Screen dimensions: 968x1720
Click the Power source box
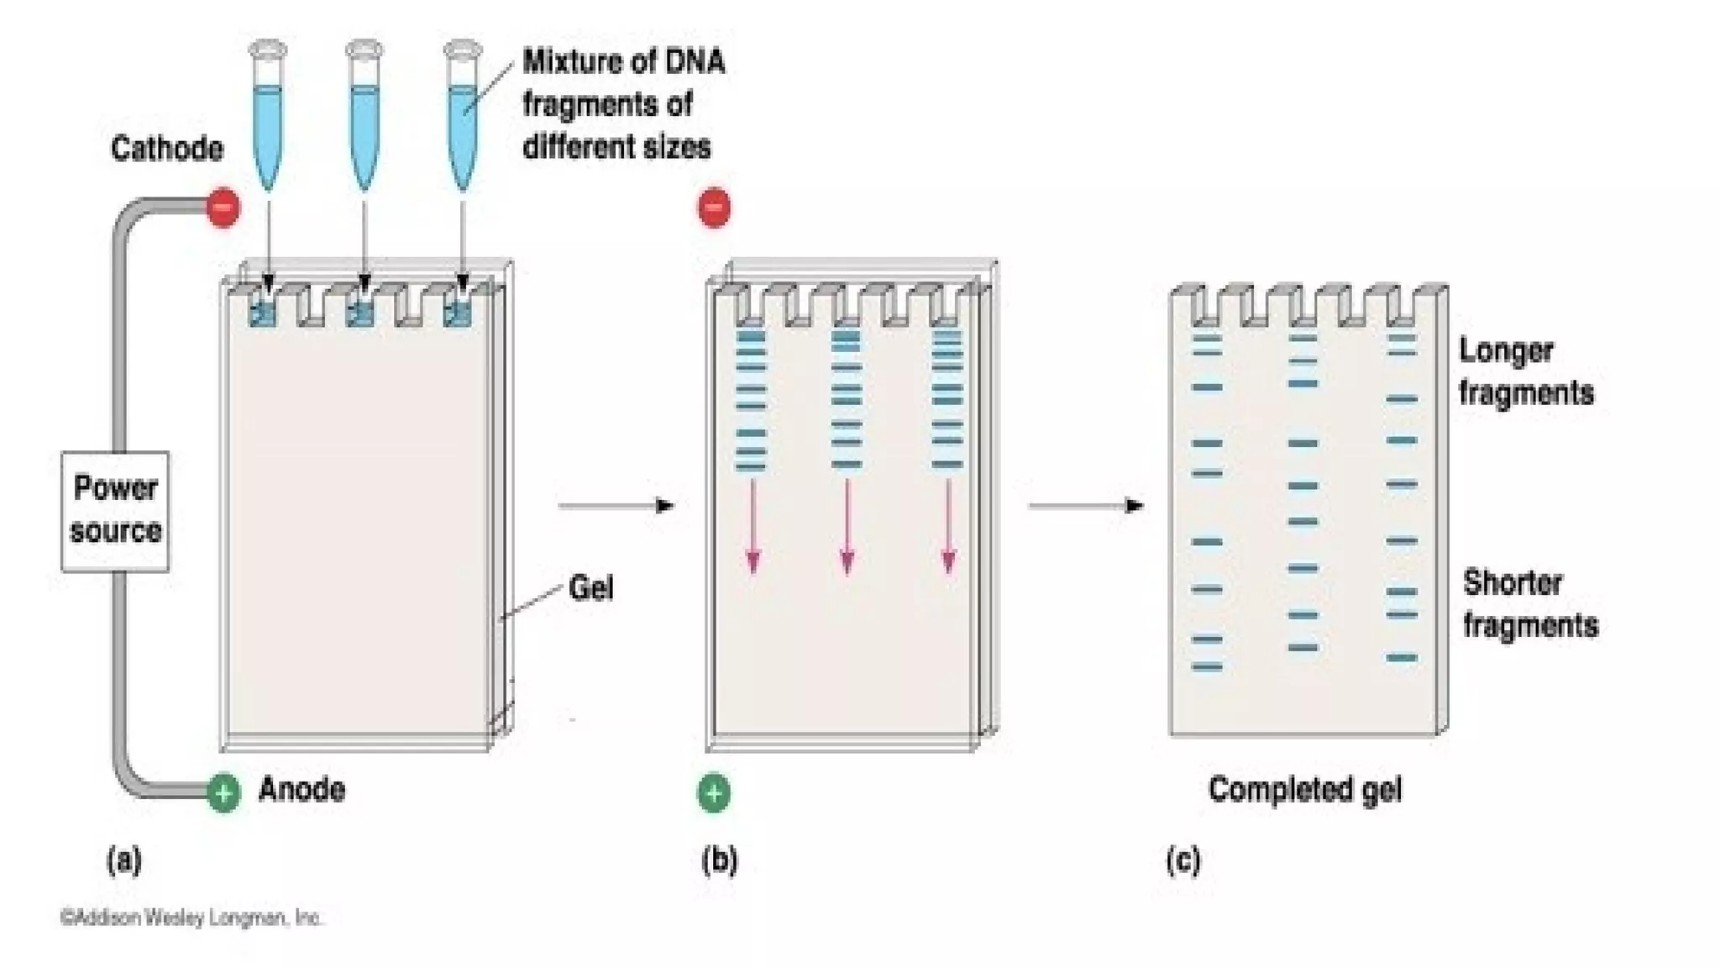[115, 510]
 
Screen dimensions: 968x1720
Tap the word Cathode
[167, 149]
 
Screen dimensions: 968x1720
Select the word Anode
[302, 789]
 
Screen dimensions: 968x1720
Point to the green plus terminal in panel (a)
[223, 792]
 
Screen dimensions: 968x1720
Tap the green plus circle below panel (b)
[714, 793]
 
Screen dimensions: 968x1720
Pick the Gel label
[590, 587]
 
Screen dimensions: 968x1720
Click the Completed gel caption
[1304, 789]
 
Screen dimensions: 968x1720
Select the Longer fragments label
[1524, 371]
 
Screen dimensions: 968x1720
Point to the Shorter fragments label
[1529, 603]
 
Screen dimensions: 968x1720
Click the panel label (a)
[124, 860]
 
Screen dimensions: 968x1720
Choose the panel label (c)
[1183, 860]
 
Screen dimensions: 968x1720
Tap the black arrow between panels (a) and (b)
[616, 505]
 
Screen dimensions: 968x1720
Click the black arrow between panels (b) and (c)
[1086, 505]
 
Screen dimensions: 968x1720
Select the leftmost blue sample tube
[268, 118]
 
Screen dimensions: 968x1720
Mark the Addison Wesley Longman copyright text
[191, 918]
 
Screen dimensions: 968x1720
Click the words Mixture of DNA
[623, 62]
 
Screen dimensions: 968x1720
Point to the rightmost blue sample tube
[462, 118]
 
